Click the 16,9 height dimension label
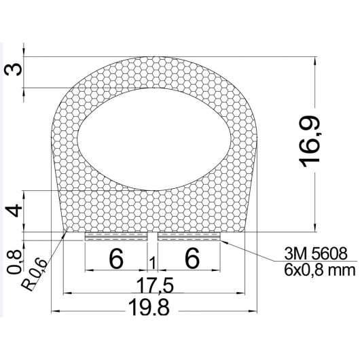click(x=309, y=142)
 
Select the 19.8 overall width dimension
click(x=149, y=307)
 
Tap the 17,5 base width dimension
click(x=155, y=285)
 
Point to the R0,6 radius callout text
click(x=34, y=275)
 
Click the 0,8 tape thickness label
click(x=14, y=262)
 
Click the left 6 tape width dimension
click(x=116, y=259)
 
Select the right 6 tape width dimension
click(x=192, y=259)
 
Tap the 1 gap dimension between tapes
click(x=153, y=263)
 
